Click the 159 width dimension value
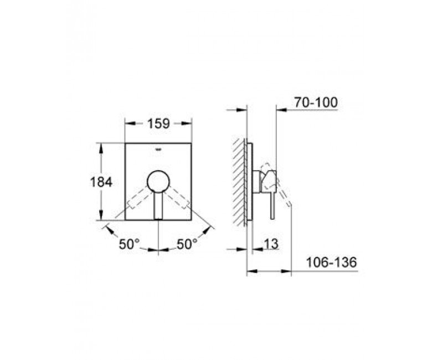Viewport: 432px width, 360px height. tap(158, 124)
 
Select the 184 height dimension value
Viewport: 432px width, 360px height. tap(101, 182)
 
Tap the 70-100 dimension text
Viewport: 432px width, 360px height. tap(316, 102)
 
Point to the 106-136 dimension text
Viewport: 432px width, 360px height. tap(331, 262)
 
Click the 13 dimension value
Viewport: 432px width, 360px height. tap(271, 244)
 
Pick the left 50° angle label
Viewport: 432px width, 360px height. tap(129, 244)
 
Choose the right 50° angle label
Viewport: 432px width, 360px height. tap(187, 244)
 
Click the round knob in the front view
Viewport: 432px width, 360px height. tap(158, 181)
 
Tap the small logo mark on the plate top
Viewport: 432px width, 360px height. tap(158, 150)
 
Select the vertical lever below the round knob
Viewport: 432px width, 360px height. tap(158, 205)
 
